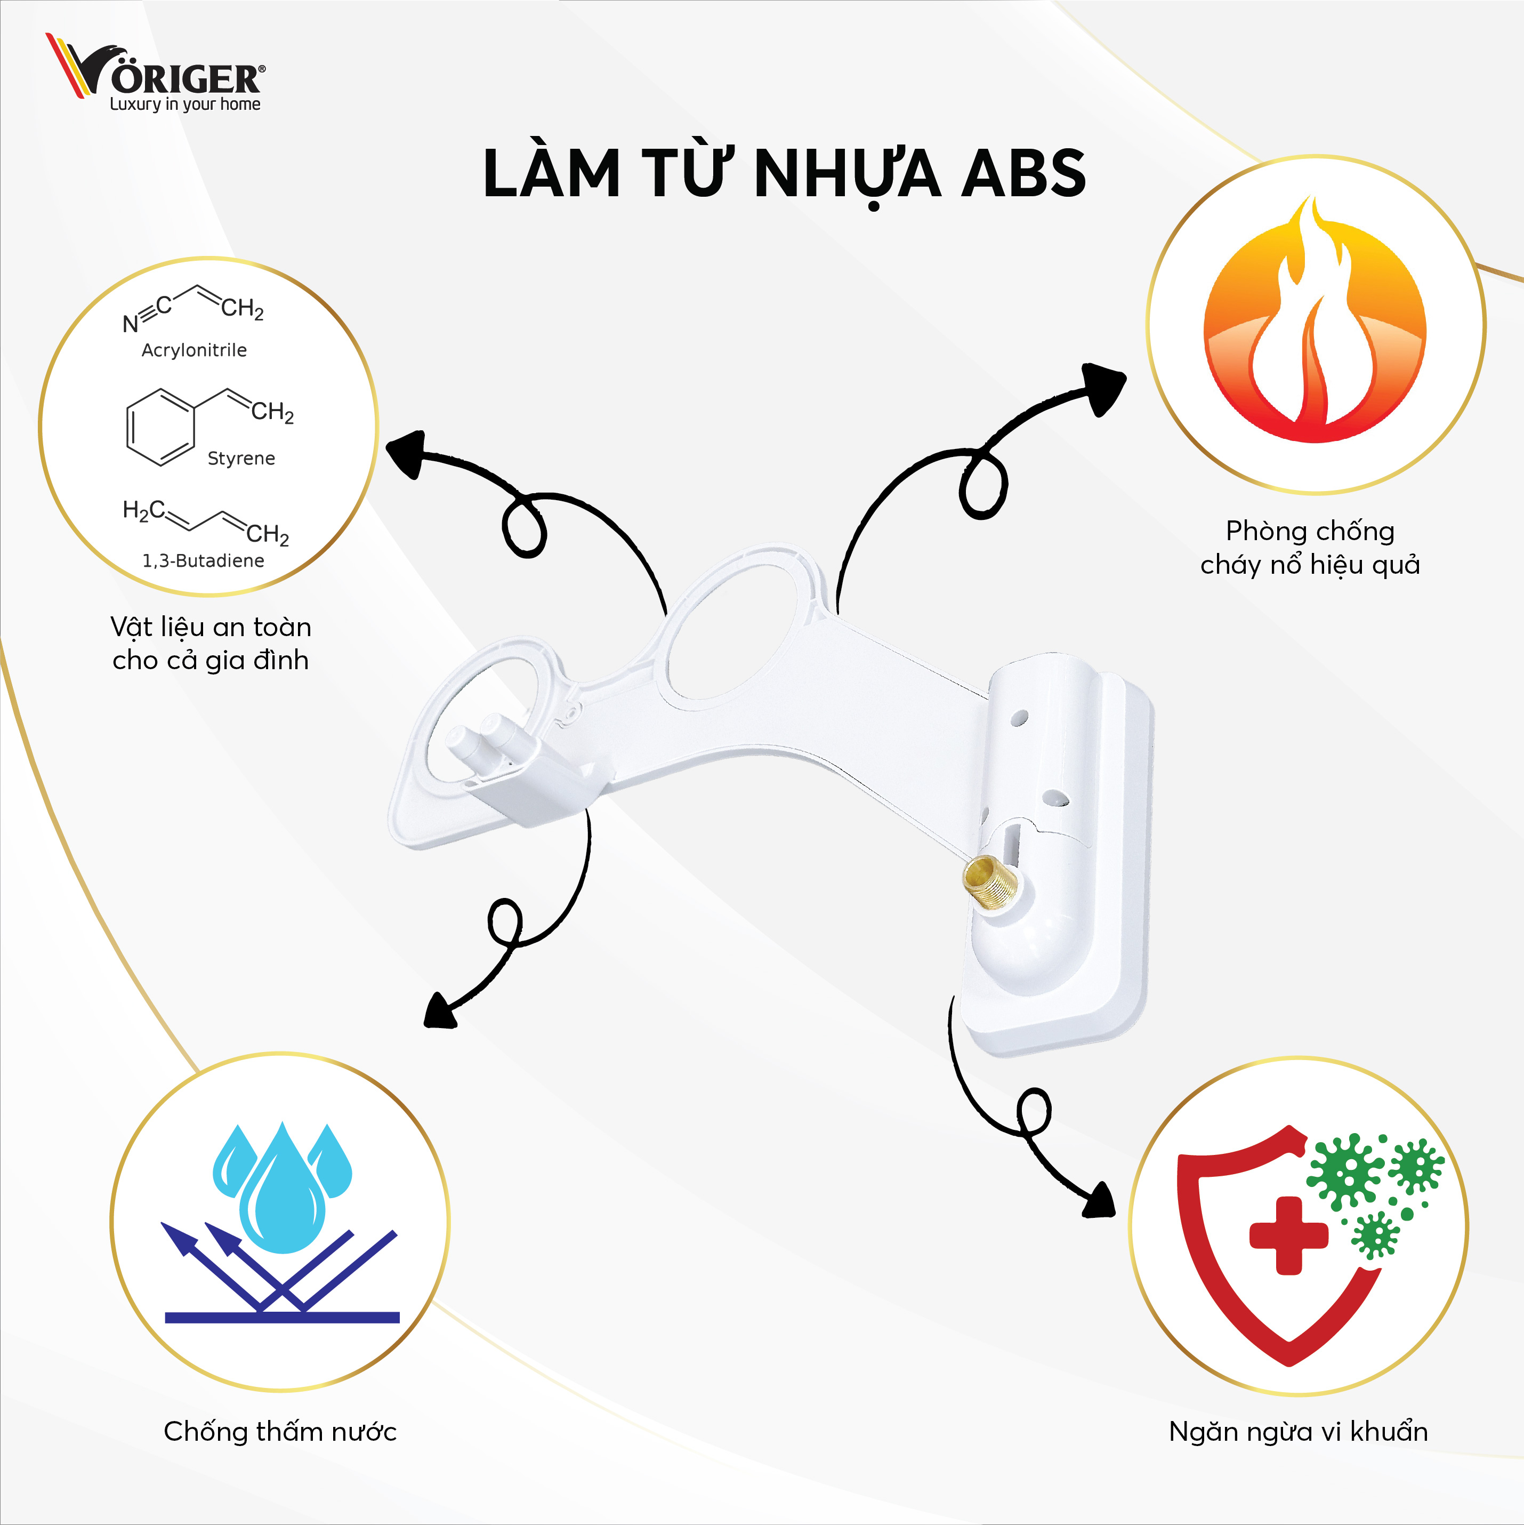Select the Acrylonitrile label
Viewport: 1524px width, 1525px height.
[194, 350]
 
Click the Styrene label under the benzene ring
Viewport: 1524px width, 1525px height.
[241, 458]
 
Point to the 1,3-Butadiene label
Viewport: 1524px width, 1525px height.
[203, 560]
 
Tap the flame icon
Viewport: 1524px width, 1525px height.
[1314, 324]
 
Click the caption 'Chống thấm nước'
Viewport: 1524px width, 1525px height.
[280, 1431]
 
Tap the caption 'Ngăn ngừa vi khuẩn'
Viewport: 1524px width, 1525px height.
[1299, 1431]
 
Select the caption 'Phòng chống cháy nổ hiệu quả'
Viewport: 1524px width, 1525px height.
[1310, 548]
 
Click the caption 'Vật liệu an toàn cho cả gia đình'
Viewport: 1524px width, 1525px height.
[211, 643]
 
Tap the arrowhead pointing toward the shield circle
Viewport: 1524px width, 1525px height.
[1099, 1201]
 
